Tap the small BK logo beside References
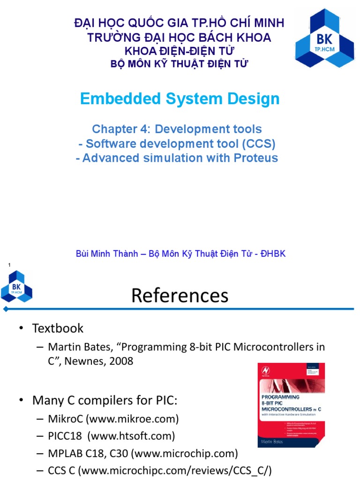coord(17,287)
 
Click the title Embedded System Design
coord(180,99)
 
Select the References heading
coord(180,295)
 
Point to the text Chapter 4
coord(121,129)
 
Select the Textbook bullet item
coord(57,328)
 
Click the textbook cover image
coord(291,405)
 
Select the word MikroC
coord(67,418)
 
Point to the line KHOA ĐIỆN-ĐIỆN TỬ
coord(179,51)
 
